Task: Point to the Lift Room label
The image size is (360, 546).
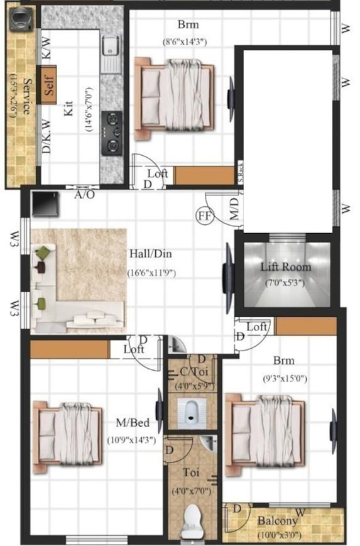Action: point(286,267)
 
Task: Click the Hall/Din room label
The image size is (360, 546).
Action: point(151,254)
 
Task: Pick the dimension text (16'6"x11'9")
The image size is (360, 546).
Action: point(151,273)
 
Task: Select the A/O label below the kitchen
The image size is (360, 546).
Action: point(85,195)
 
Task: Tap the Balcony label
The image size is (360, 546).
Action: point(277,521)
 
